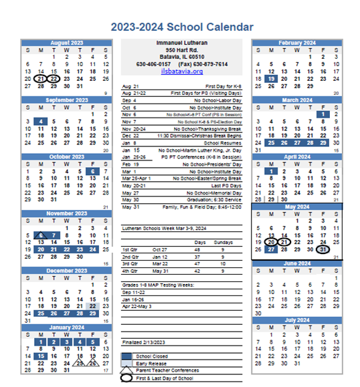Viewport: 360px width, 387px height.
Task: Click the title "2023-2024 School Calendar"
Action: pos(182,27)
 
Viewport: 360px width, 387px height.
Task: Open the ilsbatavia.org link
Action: pos(181,72)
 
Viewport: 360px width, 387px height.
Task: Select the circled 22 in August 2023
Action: pos(54,78)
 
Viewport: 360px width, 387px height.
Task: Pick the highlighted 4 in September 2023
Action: pos(41,122)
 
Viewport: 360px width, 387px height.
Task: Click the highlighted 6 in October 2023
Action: pos(93,171)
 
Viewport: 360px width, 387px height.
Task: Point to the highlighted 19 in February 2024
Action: pos(272,78)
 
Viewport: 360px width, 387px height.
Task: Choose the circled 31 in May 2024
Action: pos(323,250)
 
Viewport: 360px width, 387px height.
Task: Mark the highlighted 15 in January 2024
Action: pos(41,356)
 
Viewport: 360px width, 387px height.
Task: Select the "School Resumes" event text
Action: pos(221,143)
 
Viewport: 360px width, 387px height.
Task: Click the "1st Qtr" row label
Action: pos(130,249)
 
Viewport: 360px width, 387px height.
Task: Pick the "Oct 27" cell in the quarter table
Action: pos(159,249)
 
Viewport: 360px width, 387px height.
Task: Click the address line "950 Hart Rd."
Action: pos(182,49)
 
